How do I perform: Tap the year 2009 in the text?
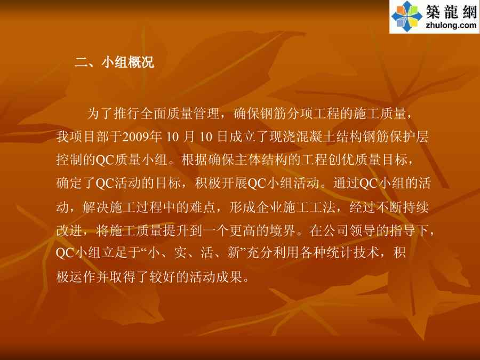point(136,137)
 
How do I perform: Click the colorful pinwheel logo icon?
point(407,16)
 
